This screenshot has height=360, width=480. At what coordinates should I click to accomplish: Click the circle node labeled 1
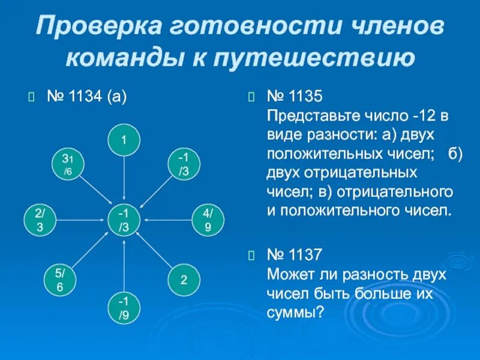coord(124,140)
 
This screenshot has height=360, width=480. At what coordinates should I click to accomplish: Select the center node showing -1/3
coord(124,220)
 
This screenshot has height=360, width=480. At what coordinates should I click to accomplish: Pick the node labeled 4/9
coord(207,220)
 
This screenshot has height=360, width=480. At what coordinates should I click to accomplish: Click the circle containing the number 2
coord(183,280)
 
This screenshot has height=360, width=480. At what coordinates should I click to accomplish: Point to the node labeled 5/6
coord(61,280)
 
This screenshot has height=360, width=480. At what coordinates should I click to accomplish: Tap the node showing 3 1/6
coord(67,164)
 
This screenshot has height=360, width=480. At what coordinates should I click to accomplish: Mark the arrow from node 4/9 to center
coord(167,220)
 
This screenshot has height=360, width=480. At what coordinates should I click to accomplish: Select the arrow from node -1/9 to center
coord(124,264)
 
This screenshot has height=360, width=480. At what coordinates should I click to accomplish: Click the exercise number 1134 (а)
coord(86,97)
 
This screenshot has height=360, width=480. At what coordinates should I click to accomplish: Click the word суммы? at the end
coord(295,313)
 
